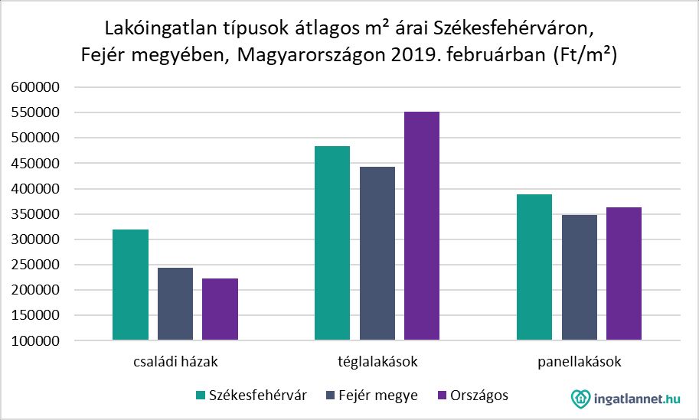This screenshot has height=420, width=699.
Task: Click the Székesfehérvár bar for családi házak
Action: tap(130, 285)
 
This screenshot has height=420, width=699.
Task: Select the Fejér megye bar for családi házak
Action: tap(175, 304)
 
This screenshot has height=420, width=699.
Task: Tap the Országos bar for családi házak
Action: tap(220, 309)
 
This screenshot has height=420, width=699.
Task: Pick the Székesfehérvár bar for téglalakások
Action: tap(332, 243)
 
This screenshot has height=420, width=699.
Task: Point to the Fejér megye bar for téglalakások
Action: tap(377, 253)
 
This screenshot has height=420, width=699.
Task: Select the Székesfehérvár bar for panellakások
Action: tap(534, 267)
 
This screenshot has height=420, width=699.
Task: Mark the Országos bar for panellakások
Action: tap(624, 274)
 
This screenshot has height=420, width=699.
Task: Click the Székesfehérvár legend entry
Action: tap(252, 396)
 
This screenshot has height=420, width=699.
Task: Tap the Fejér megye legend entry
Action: tap(374, 396)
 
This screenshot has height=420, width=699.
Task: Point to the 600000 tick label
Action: tap(37, 88)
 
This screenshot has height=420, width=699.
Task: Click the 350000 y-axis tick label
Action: tap(37, 214)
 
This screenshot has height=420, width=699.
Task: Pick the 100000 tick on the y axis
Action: tap(37, 340)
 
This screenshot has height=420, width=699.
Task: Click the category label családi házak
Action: tap(175, 360)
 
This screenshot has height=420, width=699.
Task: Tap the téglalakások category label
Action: tap(377, 360)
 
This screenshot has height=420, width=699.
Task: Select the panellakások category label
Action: tap(580, 360)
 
